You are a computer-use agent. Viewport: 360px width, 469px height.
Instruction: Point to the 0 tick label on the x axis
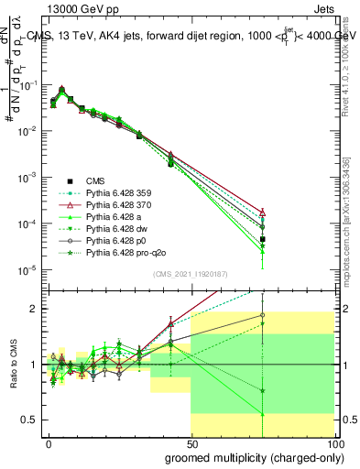49,442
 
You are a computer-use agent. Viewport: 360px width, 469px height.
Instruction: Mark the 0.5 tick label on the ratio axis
29,420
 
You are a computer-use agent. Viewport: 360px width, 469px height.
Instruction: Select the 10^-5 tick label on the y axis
27,269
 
